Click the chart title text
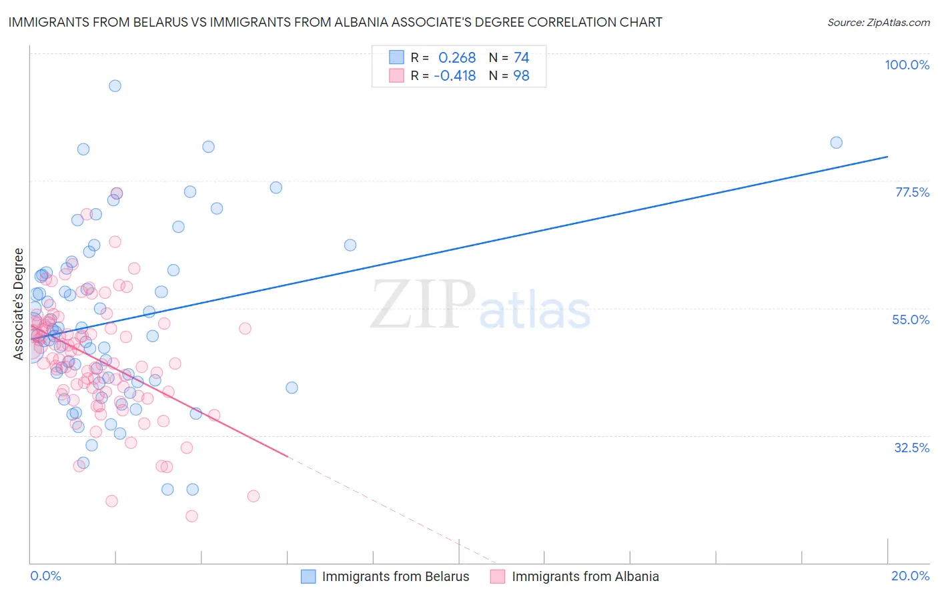(x=335, y=22)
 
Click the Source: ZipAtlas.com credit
(x=878, y=23)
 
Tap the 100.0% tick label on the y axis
(x=907, y=65)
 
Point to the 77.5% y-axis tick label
(x=911, y=192)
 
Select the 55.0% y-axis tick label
(x=910, y=320)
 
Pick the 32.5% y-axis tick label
(x=911, y=448)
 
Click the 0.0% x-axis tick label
(x=45, y=576)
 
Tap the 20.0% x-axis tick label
(x=910, y=576)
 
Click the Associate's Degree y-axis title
(x=19, y=304)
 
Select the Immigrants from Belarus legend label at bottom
(x=395, y=576)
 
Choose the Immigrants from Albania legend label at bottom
(x=585, y=576)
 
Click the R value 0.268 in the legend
(x=457, y=58)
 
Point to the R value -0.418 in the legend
(x=454, y=75)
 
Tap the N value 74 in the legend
(x=521, y=58)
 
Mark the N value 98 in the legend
(x=521, y=75)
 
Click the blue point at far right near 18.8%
(x=836, y=142)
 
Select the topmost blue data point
(x=115, y=85)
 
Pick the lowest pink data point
(x=191, y=516)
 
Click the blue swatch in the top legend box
(x=397, y=57)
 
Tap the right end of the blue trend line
(x=887, y=156)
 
